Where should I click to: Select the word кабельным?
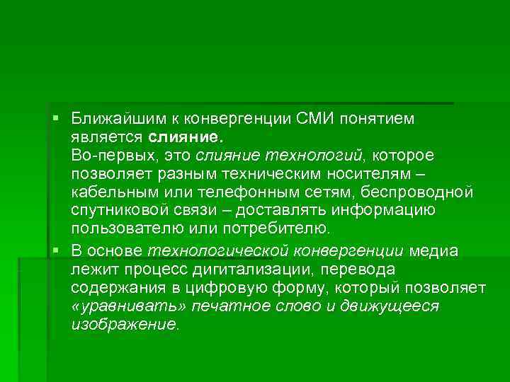click(x=108, y=192)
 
